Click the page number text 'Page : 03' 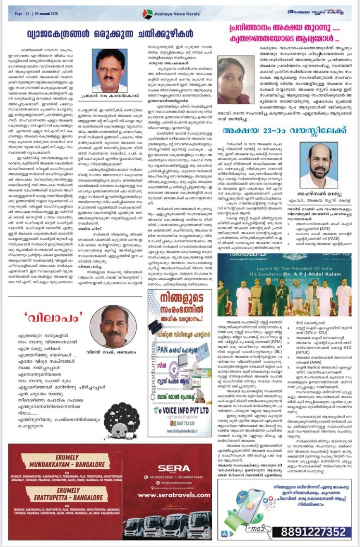[x=24, y=13]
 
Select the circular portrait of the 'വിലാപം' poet [x=113, y=326]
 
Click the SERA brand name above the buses [x=173, y=468]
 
